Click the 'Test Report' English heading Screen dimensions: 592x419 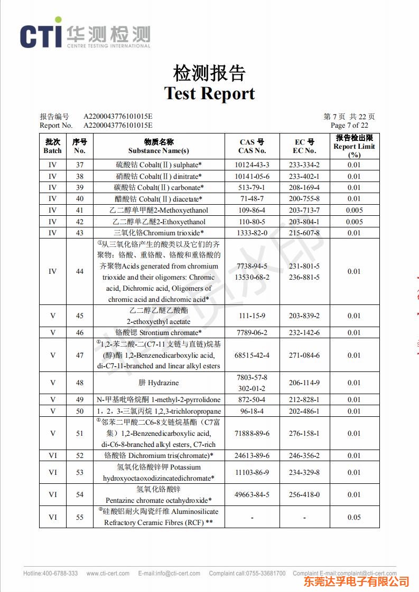click(x=209, y=93)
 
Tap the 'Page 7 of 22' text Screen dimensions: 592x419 click(x=349, y=126)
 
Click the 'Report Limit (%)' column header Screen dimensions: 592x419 click(x=354, y=146)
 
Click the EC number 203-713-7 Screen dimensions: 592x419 click(x=304, y=210)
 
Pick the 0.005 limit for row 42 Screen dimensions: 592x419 click(x=354, y=222)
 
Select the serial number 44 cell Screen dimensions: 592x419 click(x=79, y=271)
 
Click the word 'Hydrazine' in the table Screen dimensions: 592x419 click(x=163, y=383)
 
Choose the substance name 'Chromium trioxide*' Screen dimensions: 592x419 click(x=174, y=233)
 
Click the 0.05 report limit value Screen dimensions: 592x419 click(x=354, y=517)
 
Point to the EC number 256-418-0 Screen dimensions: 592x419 click(x=304, y=494)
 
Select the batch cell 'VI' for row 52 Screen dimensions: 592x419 click(x=52, y=455)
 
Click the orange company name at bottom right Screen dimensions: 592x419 click(x=356, y=581)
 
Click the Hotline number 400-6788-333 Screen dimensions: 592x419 click(x=60, y=574)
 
